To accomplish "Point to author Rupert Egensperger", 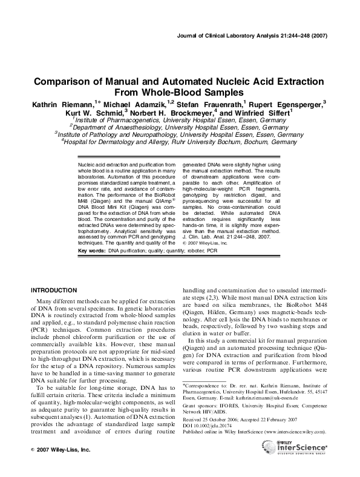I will click(x=286, y=104).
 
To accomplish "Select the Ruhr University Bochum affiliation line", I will click(x=180, y=142).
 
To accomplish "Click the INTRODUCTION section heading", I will click(x=56, y=290).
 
